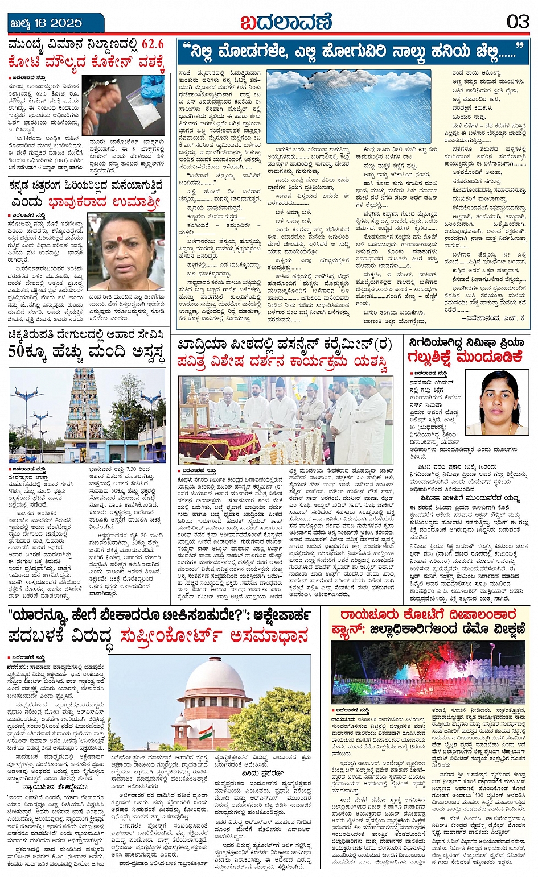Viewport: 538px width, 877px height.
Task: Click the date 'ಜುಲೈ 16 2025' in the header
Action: click(x=46, y=23)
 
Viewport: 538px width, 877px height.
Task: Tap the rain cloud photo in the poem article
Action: click(x=348, y=106)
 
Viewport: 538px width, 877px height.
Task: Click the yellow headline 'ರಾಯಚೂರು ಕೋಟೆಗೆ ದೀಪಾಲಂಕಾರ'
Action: click(x=428, y=615)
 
